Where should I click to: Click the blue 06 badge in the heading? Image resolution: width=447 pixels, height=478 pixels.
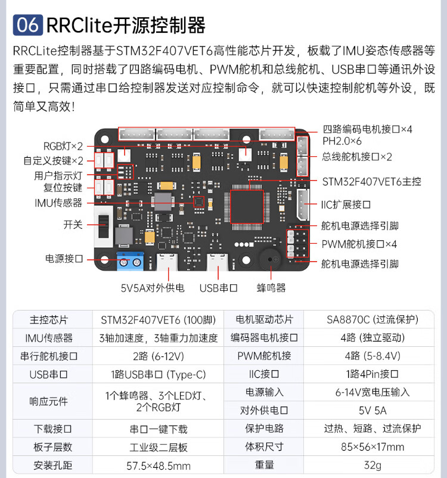(x=27, y=25)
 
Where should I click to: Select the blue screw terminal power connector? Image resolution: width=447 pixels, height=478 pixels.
(x=131, y=260)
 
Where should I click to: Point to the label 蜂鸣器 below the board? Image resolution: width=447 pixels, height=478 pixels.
(x=271, y=288)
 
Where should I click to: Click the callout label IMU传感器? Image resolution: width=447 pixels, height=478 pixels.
(x=58, y=203)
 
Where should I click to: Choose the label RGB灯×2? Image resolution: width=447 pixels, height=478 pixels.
(x=63, y=146)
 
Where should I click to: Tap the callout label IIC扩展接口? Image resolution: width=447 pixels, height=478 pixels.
(x=346, y=204)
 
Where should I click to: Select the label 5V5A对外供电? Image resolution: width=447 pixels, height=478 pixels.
(x=153, y=288)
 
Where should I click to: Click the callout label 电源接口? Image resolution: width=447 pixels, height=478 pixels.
(x=64, y=259)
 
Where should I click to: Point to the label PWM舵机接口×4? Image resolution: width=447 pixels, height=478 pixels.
(x=359, y=244)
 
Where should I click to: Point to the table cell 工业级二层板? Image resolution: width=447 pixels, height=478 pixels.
(x=159, y=447)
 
